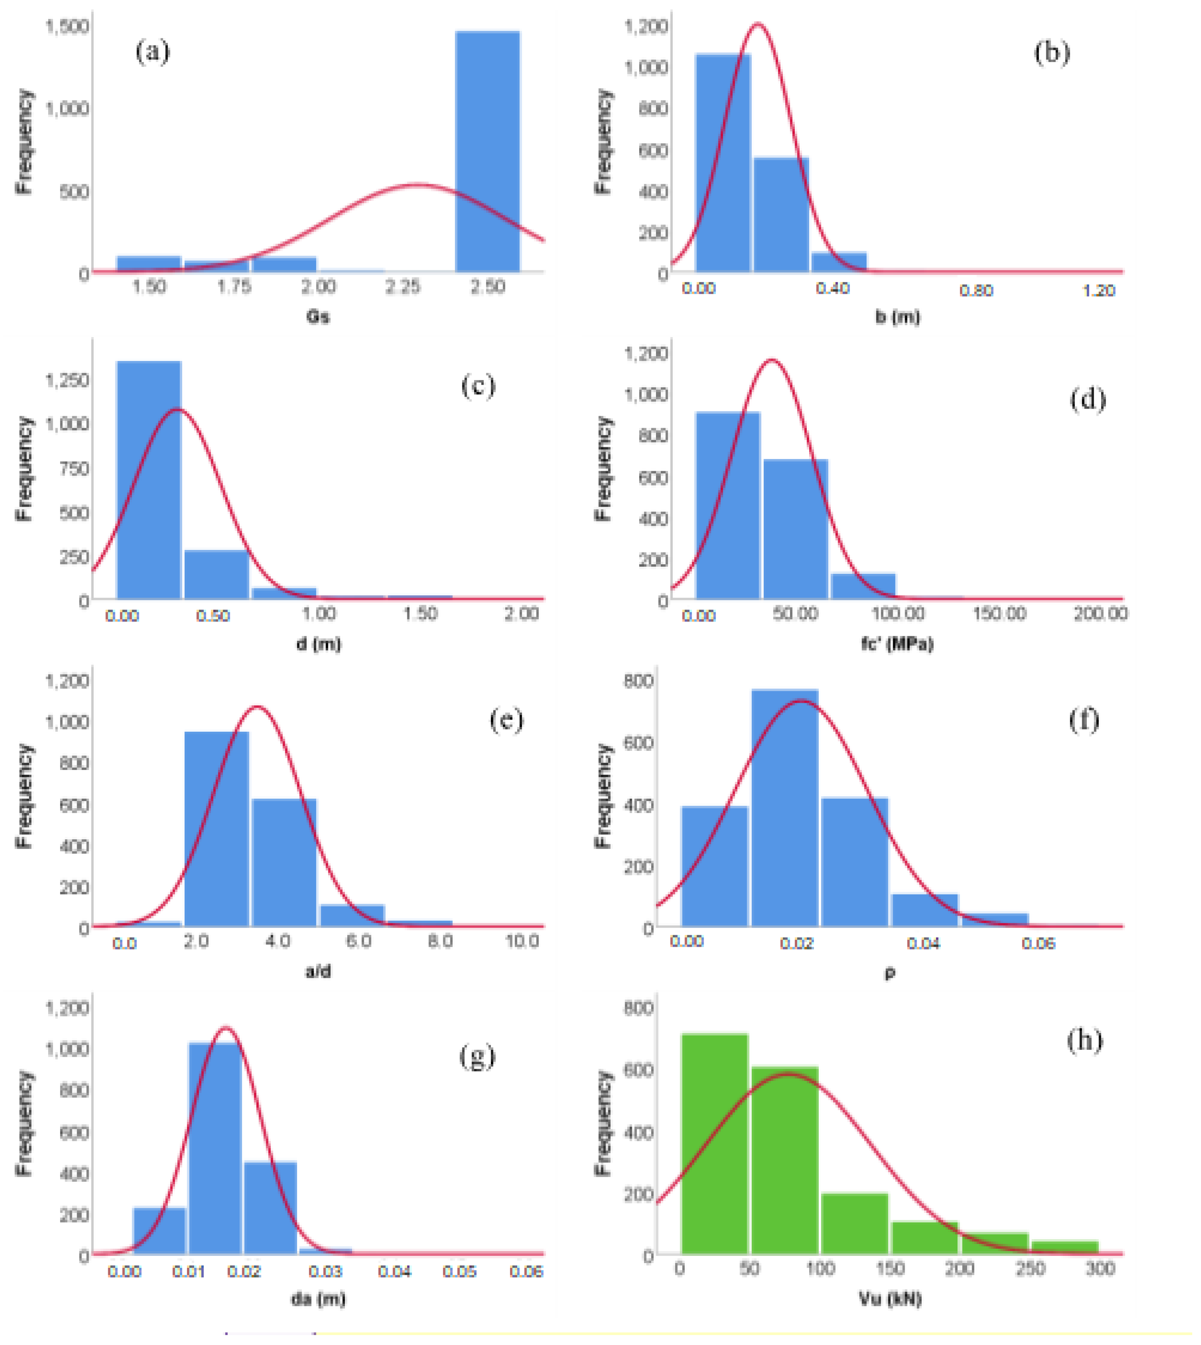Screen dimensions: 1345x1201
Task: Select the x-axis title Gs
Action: [x=318, y=317]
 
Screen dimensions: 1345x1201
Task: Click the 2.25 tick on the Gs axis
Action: [x=403, y=287]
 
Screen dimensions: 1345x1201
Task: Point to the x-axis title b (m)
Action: [x=897, y=317]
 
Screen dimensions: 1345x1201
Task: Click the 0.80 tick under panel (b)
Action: [x=976, y=290]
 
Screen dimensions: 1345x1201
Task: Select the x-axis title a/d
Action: [x=318, y=971]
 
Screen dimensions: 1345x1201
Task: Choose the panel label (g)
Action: [x=477, y=1057]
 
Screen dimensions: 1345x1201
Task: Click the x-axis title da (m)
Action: [x=318, y=1299]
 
